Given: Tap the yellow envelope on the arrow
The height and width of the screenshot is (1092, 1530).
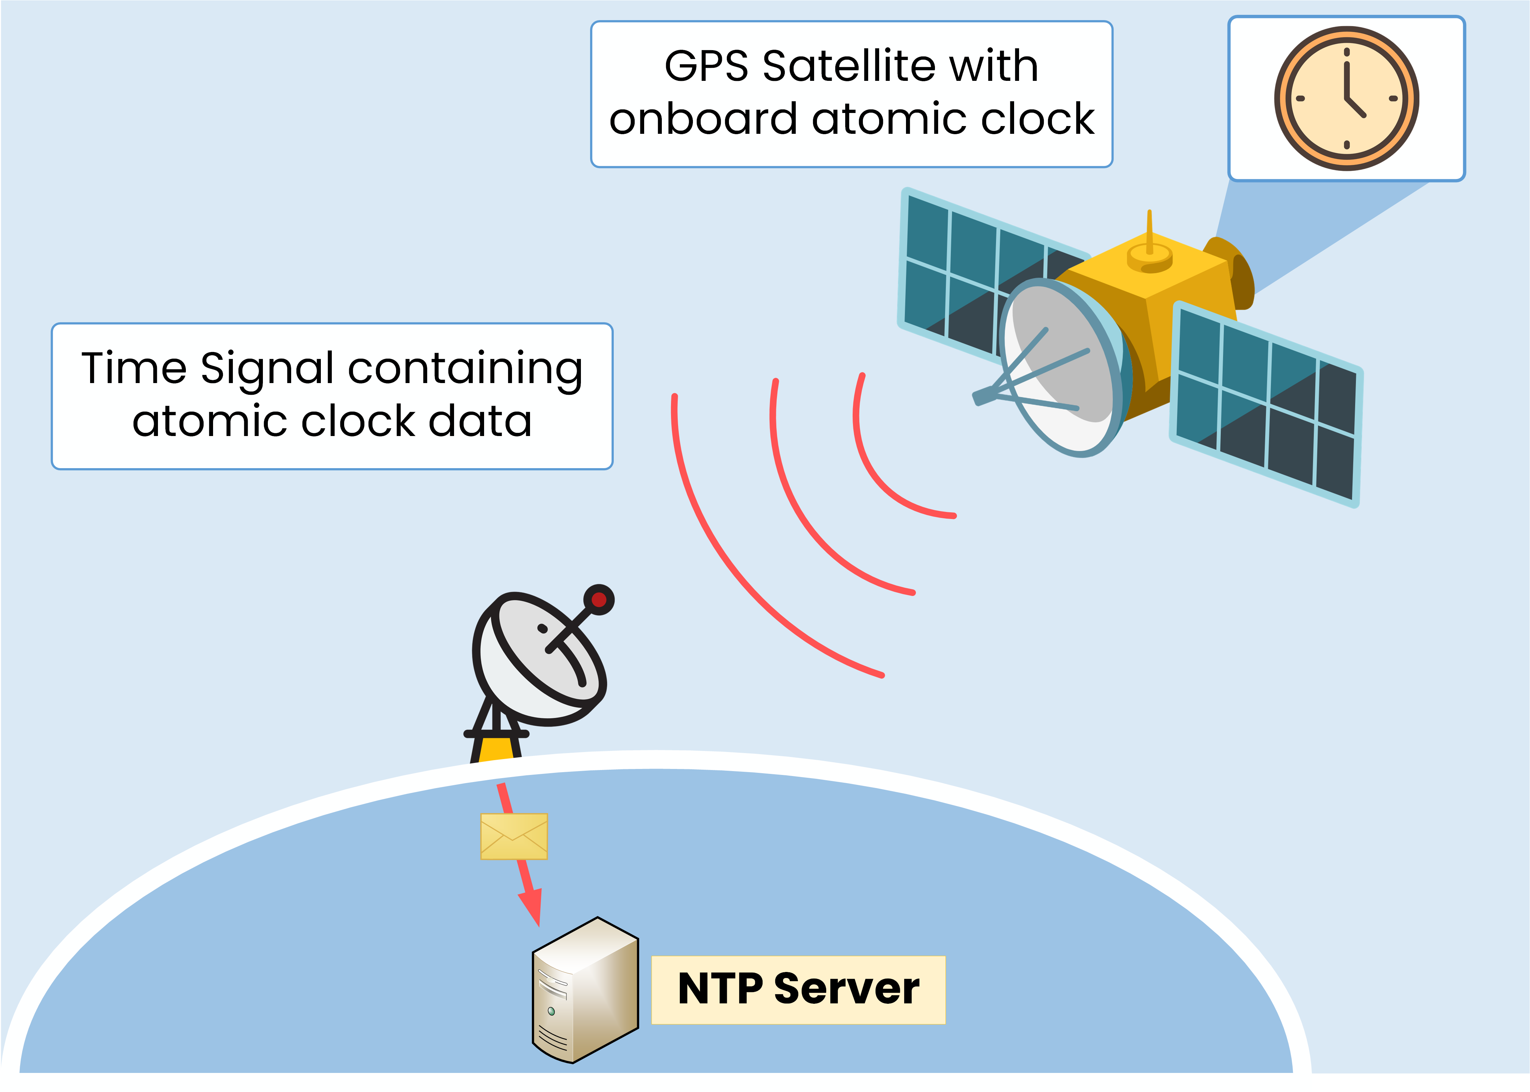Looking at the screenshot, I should pos(513,836).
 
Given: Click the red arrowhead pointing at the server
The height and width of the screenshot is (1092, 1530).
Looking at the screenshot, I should pos(531,908).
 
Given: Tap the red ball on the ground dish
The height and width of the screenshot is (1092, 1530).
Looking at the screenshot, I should pos(598,599).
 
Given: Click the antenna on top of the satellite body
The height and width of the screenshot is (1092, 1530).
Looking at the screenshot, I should pos(1149,235).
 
